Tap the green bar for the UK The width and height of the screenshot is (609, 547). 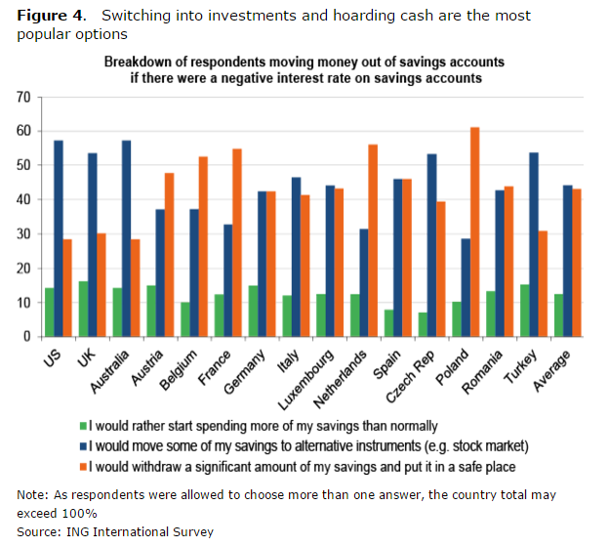click(x=83, y=309)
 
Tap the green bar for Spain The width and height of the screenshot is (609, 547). click(x=388, y=322)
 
